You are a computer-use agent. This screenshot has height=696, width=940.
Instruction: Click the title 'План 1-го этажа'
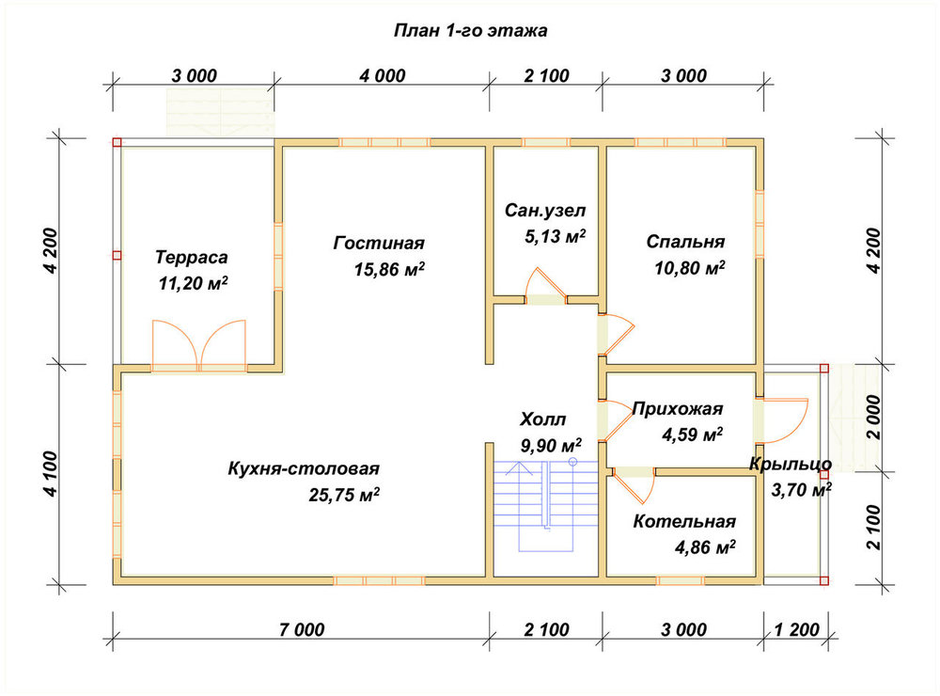click(470, 31)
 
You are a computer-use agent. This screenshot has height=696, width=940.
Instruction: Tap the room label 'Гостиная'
click(379, 243)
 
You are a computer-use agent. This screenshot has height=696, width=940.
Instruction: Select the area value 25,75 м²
click(344, 495)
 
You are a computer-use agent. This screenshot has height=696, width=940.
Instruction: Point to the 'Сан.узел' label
click(545, 211)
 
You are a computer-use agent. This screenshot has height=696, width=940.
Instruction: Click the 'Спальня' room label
click(685, 241)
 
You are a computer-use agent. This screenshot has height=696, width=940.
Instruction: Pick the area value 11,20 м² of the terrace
click(193, 282)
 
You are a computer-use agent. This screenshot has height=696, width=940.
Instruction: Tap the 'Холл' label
click(542, 419)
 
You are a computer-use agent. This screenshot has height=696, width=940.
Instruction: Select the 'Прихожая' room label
click(678, 409)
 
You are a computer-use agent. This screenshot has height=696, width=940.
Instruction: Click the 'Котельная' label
click(684, 521)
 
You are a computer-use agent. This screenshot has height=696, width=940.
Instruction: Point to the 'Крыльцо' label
click(791, 465)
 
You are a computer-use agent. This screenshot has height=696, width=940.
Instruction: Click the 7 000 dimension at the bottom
click(302, 629)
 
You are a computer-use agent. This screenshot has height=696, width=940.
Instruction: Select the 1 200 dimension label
click(797, 629)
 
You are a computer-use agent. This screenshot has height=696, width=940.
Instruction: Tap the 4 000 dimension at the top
click(383, 75)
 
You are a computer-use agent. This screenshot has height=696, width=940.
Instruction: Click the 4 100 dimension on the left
click(51, 474)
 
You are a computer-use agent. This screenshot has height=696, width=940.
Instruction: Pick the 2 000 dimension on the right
click(874, 418)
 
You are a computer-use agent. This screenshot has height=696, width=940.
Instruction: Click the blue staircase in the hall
click(545, 505)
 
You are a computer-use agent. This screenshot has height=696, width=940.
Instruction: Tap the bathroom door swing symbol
click(545, 287)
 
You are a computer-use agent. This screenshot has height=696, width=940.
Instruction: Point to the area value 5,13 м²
click(556, 236)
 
